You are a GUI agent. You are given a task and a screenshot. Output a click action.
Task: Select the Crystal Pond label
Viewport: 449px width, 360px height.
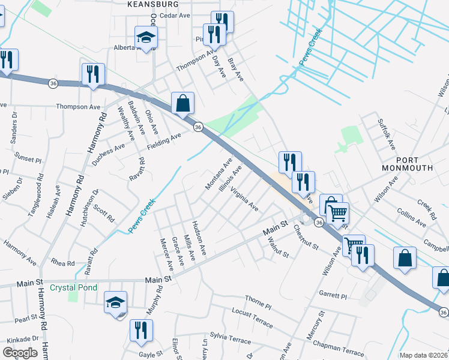pyautogui.click(x=73, y=287)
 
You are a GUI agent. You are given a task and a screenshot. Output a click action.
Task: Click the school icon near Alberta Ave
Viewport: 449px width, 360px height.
pyautogui.click(x=145, y=38)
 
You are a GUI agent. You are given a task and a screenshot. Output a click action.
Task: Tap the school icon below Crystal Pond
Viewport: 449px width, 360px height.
pyautogui.click(x=115, y=302)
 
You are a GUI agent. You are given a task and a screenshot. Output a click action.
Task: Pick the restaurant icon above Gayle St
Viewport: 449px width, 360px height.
pyautogui.click(x=141, y=331)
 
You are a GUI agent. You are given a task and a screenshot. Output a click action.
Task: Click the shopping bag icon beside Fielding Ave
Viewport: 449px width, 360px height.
pyautogui.click(x=182, y=103)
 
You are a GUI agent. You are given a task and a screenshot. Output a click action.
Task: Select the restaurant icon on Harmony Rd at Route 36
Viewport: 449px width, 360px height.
pyautogui.click(x=93, y=74)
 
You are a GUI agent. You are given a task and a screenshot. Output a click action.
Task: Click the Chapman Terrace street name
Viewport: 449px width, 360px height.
pyautogui.click(x=339, y=347)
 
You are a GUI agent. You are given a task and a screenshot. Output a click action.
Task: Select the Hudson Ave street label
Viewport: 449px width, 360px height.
pyautogui.click(x=199, y=235)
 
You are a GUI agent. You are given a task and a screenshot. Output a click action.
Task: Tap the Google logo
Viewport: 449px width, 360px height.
pyautogui.click(x=20, y=353)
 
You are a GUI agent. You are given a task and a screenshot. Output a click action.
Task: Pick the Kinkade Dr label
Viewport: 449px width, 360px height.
pyautogui.click(x=19, y=340)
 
